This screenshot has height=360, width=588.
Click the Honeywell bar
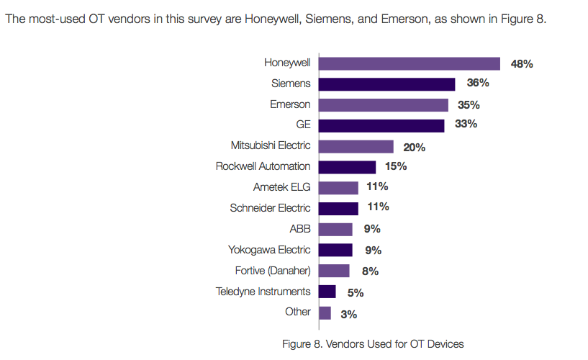pyautogui.click(x=409, y=63)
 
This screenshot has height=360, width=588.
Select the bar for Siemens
pyautogui.click(x=386, y=84)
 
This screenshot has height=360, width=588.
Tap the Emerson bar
pyautogui.click(x=383, y=105)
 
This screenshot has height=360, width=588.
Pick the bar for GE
pyautogui.click(x=381, y=125)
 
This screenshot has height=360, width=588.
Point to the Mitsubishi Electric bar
pyautogui.click(x=356, y=146)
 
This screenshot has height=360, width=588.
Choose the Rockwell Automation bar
pyautogui.click(x=347, y=167)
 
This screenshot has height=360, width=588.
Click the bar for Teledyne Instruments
pyautogui.click(x=327, y=292)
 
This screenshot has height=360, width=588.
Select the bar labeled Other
pyautogui.click(x=325, y=312)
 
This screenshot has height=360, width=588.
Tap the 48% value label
pyautogui.click(x=522, y=64)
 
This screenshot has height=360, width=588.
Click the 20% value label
pyautogui.click(x=415, y=147)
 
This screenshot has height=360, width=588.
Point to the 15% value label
pyautogui.click(x=396, y=166)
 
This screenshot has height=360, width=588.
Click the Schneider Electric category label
pyautogui.click(x=270, y=208)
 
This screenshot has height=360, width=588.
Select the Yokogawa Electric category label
pyautogui.click(x=268, y=250)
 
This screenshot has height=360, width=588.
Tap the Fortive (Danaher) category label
pyautogui.click(x=273, y=271)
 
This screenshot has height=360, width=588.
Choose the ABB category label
pyautogui.click(x=299, y=229)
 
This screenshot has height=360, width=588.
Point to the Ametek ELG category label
pyautogui.click(x=281, y=187)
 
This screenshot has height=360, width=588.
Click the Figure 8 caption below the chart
pyautogui.click(x=373, y=343)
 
